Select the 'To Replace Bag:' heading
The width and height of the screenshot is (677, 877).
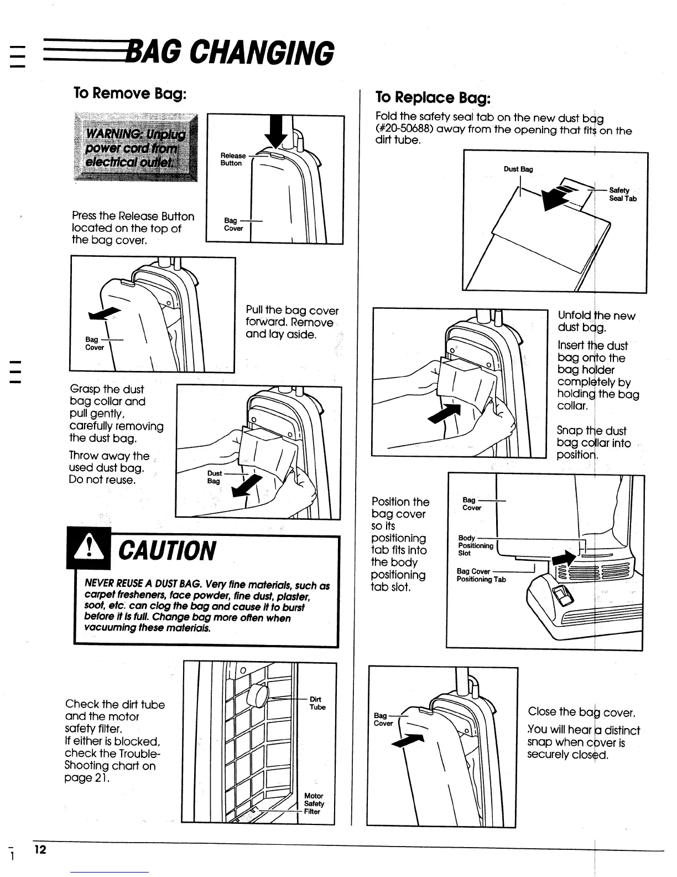(433, 97)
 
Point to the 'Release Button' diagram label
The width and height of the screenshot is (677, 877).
(232, 159)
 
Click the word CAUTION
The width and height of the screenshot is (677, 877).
(168, 551)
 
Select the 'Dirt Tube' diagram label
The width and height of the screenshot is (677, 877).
(317, 703)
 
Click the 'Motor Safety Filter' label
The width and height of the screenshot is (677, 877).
(314, 803)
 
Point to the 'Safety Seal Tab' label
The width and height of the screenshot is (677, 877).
(622, 194)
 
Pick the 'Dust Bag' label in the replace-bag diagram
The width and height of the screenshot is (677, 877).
(518, 169)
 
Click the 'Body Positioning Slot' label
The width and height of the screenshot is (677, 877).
(475, 545)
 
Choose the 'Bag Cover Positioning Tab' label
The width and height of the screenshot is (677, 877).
(481, 575)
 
